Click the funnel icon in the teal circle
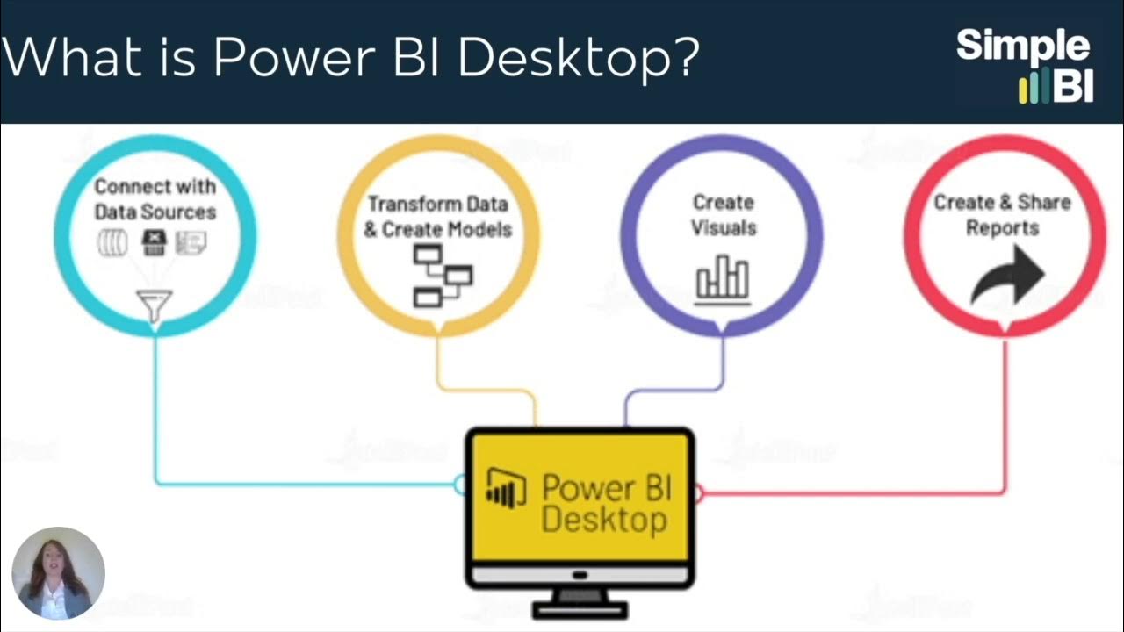[x=155, y=305]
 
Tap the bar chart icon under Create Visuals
[x=723, y=279]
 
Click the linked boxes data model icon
[x=442, y=276]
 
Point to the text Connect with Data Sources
[x=155, y=199]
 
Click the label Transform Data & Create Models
[x=437, y=217]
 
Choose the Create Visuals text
[x=724, y=215]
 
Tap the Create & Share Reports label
[x=1002, y=215]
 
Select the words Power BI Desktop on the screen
[x=605, y=503]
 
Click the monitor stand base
[x=580, y=607]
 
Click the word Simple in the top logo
[x=1022, y=46]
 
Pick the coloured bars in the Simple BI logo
[x=1034, y=88]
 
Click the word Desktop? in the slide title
[x=579, y=58]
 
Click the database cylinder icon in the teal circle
[x=112, y=243]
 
